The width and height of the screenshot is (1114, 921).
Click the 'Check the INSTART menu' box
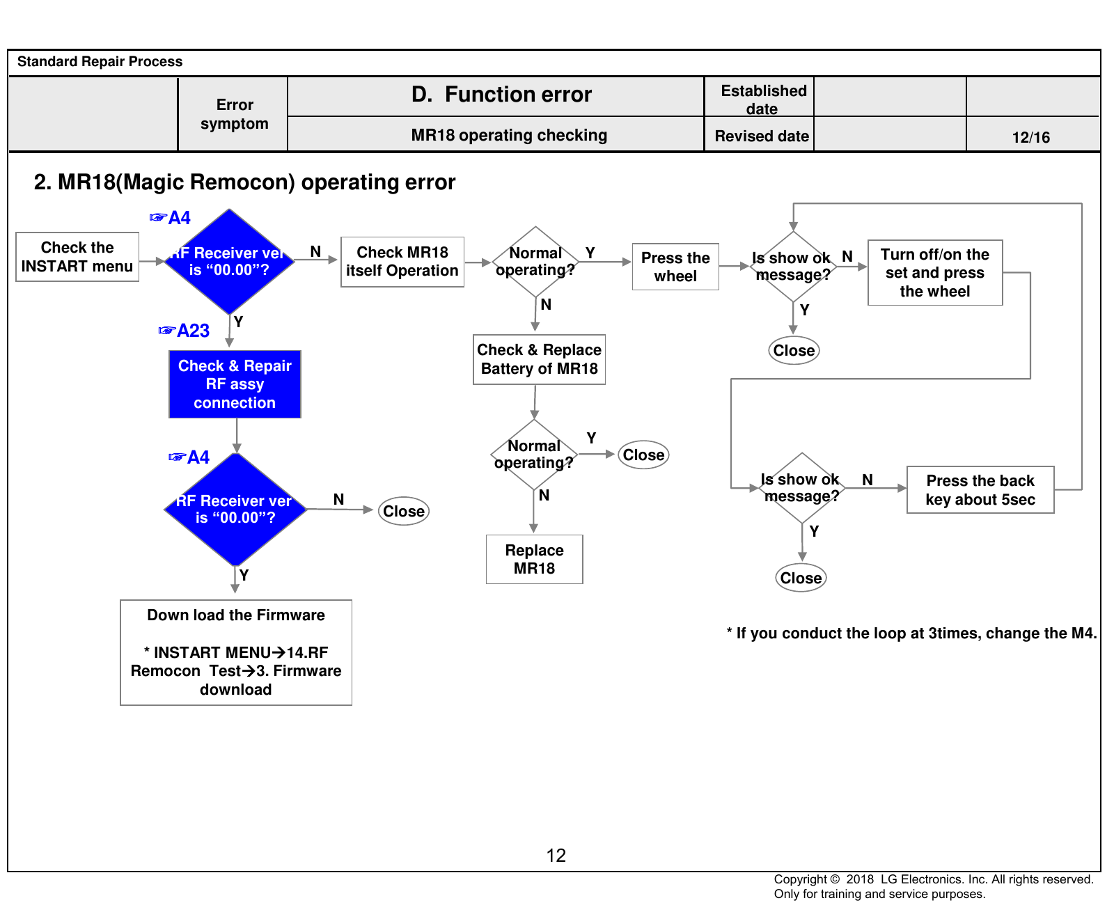pyautogui.click(x=77, y=257)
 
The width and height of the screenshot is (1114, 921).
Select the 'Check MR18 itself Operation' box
pyautogui.click(x=402, y=262)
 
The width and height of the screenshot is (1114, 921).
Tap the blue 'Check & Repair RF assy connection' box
pyautogui.click(x=235, y=384)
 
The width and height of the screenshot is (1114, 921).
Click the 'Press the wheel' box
pyautogui.click(x=675, y=267)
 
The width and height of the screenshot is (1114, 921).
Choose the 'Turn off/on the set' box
pyautogui.click(x=935, y=273)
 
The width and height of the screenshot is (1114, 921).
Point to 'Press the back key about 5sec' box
pyautogui.click(x=980, y=490)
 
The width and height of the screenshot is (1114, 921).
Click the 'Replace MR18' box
pyautogui.click(x=534, y=559)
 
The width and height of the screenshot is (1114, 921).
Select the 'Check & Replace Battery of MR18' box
pyautogui.click(x=539, y=359)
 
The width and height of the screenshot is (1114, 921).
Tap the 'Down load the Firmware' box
pyautogui.click(x=236, y=652)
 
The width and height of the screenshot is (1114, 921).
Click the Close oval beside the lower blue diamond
pyautogui.click(x=404, y=511)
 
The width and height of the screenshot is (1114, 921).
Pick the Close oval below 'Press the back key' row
pyautogui.click(x=801, y=578)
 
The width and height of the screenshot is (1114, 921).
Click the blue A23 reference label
pyautogui.click(x=185, y=331)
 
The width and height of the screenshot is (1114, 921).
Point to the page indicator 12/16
pyautogui.click(x=1031, y=137)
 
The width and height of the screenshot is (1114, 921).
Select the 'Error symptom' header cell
pyautogui.click(x=234, y=114)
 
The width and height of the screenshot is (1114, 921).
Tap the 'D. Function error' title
pyautogui.click(x=501, y=94)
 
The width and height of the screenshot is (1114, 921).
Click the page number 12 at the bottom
pyautogui.click(x=556, y=856)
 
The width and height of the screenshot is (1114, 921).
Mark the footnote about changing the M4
pyautogui.click(x=911, y=633)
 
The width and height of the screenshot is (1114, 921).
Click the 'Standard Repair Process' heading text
pyautogui.click(x=100, y=62)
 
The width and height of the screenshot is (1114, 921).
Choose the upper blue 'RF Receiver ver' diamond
pyautogui.click(x=229, y=262)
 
